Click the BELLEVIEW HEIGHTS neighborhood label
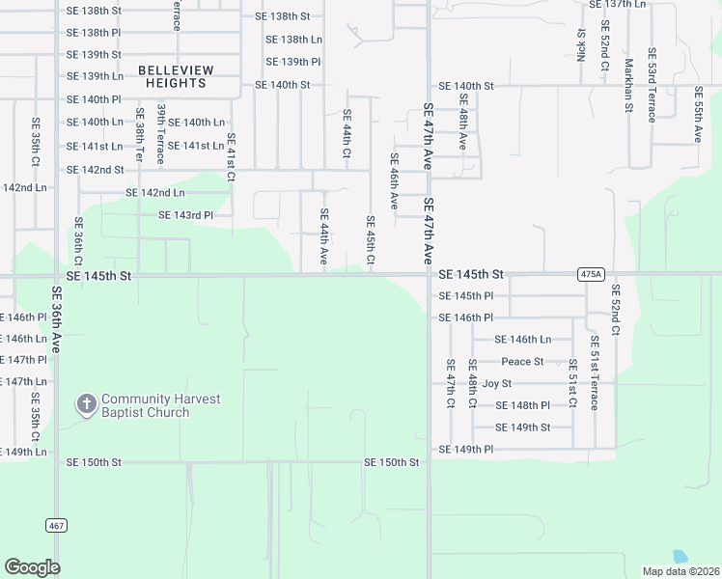(x=172, y=76)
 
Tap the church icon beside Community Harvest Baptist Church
(x=86, y=405)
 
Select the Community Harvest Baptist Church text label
(x=160, y=405)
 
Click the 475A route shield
(x=592, y=274)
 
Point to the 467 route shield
(x=55, y=525)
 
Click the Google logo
(x=32, y=567)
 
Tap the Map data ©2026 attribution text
(x=680, y=571)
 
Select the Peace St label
(x=522, y=362)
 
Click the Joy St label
(x=496, y=383)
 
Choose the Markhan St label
(x=627, y=86)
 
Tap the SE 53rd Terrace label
(x=652, y=85)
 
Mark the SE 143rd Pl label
(x=185, y=215)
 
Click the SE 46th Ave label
(x=394, y=181)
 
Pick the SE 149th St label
(x=522, y=427)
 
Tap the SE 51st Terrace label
(x=595, y=372)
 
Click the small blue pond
(x=679, y=557)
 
